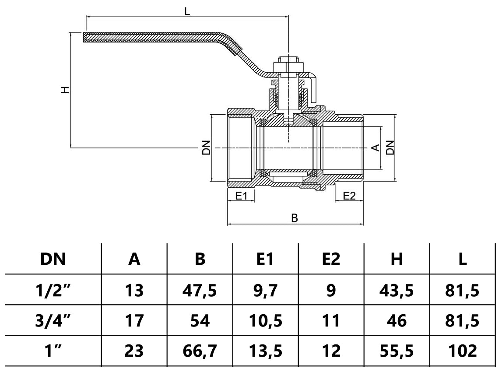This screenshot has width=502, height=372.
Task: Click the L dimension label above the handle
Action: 187,11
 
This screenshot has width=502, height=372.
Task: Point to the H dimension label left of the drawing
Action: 65,90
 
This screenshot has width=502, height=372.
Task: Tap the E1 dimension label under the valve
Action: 241,196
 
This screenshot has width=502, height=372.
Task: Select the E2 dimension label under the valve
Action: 349,196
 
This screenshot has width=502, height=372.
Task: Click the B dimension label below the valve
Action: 295,218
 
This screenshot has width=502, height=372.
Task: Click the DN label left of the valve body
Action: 207,147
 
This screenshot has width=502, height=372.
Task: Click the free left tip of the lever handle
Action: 84,37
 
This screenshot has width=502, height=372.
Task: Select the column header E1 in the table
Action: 265,259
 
